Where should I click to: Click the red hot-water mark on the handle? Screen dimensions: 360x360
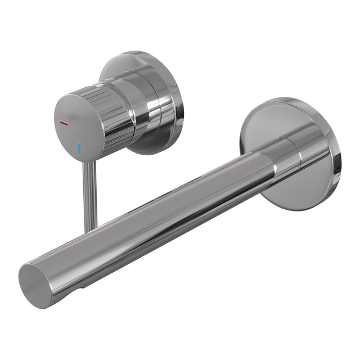click(64, 122)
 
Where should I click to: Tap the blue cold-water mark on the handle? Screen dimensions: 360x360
click(80, 148)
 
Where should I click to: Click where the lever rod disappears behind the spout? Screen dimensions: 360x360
click(91, 229)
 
